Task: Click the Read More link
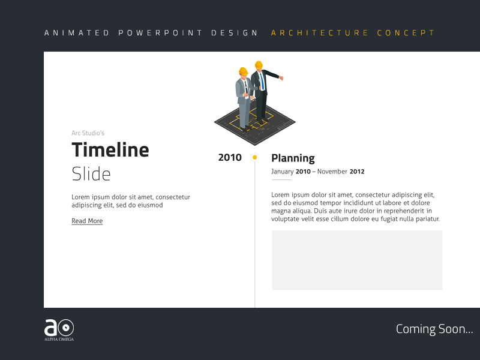(87, 221)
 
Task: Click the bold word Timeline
(110, 150)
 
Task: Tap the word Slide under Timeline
(91, 174)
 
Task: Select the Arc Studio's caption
(88, 133)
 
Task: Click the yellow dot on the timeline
(255, 157)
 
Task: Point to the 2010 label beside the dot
(230, 158)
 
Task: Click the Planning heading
(293, 158)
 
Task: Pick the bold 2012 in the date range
(357, 172)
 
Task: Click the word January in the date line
(282, 172)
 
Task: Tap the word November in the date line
(332, 172)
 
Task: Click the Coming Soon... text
(434, 329)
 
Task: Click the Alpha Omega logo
(59, 329)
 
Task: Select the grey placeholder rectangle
(357, 260)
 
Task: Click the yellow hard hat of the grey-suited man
(243, 71)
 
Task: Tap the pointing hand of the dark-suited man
(281, 78)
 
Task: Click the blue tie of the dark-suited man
(262, 81)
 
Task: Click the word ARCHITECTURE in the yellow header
(320, 33)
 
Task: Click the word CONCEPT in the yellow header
(406, 33)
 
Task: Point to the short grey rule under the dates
(281, 180)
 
